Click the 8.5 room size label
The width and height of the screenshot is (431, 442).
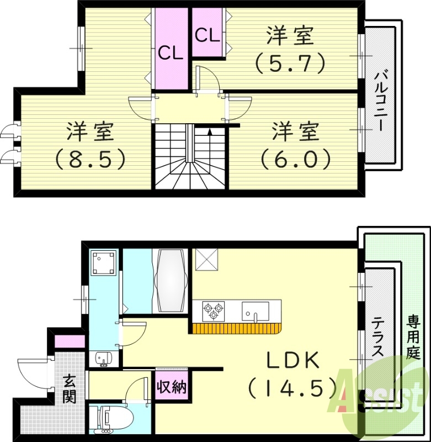click(91, 160)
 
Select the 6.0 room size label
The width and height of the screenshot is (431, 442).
click(296, 160)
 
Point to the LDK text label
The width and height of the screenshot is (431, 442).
click(293, 361)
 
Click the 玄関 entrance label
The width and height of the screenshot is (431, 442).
click(70, 389)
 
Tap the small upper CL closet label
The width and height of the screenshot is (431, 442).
click(207, 35)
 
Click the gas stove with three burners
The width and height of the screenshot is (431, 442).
click(214, 311)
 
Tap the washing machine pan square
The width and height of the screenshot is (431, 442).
click(104, 263)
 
